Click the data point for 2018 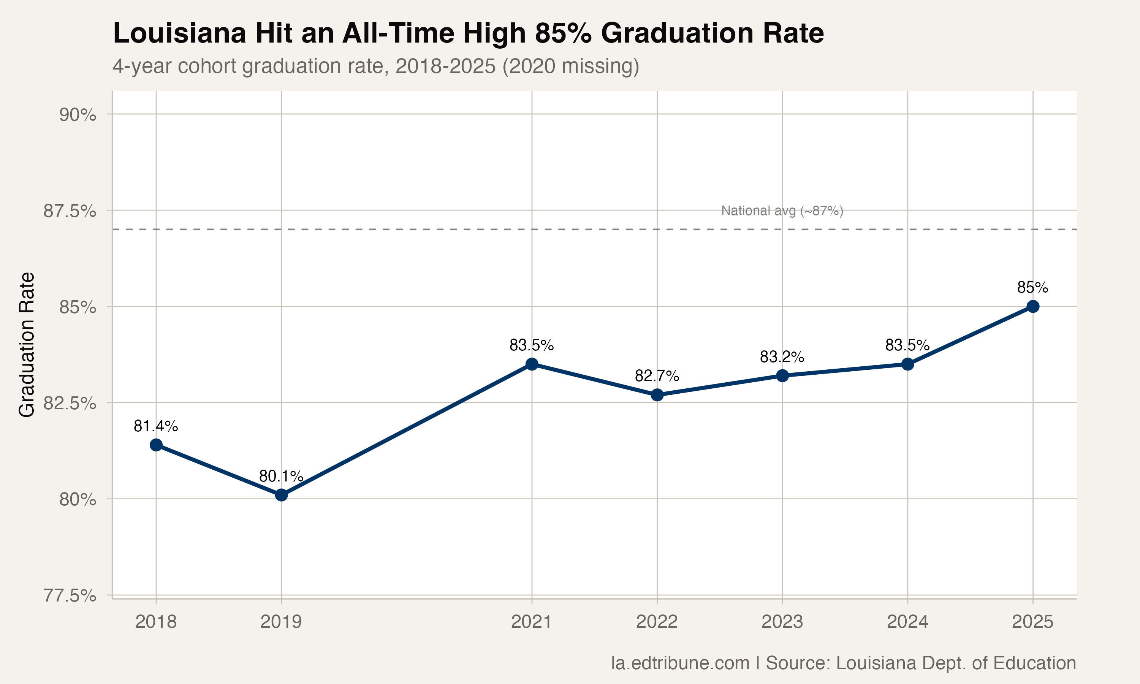click(x=156, y=445)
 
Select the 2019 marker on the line click(x=281, y=495)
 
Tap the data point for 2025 click(x=1032, y=307)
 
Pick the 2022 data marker click(x=657, y=395)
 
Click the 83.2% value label click(x=782, y=357)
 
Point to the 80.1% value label click(x=281, y=476)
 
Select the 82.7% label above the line click(x=657, y=376)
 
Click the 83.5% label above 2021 click(x=531, y=345)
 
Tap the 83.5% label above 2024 click(x=907, y=345)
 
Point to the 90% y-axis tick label click(x=78, y=115)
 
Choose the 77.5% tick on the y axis click(x=70, y=596)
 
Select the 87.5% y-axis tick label click(x=70, y=211)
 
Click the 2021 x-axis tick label click(x=531, y=622)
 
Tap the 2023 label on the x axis click(x=782, y=622)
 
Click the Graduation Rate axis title click(x=27, y=345)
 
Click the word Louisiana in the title click(x=180, y=33)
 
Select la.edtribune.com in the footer click(x=680, y=663)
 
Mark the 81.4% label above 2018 click(x=156, y=426)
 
